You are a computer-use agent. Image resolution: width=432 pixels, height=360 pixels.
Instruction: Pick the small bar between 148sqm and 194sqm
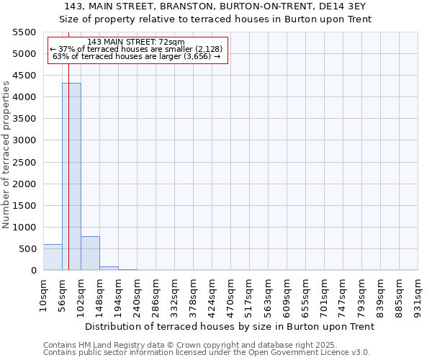tap(109, 268)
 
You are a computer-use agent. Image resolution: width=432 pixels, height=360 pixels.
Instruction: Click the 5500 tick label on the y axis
tap(24, 32)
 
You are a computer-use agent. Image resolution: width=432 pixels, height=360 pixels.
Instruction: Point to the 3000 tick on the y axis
tap(24, 140)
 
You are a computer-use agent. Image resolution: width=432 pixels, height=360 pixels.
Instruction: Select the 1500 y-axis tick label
tap(24, 206)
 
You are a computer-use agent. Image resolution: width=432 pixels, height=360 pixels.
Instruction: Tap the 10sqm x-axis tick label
tap(44, 293)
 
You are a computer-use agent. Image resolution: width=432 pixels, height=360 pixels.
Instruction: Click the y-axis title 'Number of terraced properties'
tap(6, 155)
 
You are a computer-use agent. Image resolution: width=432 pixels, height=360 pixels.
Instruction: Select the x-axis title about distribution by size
tap(230, 326)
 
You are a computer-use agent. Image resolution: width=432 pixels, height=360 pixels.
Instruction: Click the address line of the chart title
tap(216, 6)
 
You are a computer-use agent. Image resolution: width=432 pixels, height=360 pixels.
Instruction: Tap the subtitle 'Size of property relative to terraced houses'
tap(216, 19)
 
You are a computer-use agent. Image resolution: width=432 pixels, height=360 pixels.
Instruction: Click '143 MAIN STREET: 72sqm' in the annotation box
tap(136, 42)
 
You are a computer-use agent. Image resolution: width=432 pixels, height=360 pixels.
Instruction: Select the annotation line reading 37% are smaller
tap(137, 49)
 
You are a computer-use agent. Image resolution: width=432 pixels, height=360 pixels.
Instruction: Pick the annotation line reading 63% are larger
tap(137, 56)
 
